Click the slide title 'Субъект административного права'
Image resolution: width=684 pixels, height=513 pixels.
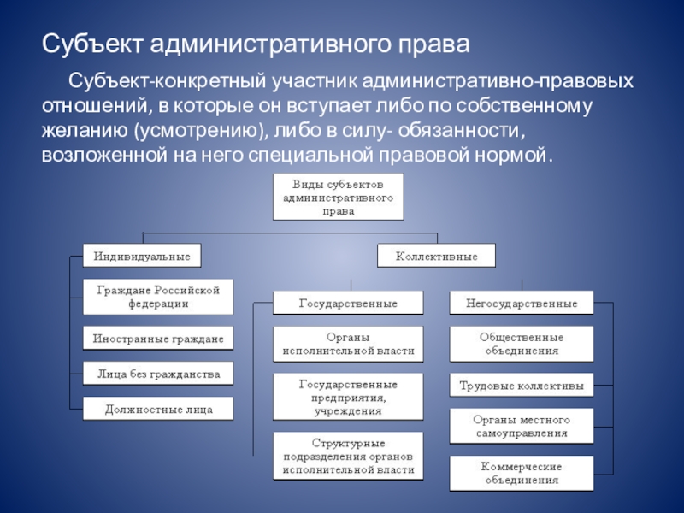(x=256, y=43)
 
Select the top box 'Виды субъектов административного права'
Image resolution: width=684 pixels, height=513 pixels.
(x=338, y=198)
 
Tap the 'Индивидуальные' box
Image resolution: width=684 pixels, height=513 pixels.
(x=142, y=255)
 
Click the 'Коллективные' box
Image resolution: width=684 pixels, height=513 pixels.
(x=436, y=256)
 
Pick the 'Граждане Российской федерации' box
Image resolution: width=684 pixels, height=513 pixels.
(x=157, y=297)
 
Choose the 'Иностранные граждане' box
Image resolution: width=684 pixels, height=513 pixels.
(x=157, y=339)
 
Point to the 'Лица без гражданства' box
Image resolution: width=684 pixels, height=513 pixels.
(x=157, y=374)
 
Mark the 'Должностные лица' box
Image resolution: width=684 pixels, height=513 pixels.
(x=157, y=410)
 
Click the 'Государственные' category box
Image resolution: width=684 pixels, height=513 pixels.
(x=348, y=304)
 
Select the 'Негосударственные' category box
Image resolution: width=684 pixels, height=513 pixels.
(x=522, y=304)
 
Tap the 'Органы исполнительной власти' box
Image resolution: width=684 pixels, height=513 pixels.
(x=348, y=344)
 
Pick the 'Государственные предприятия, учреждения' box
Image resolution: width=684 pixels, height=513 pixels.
(x=348, y=398)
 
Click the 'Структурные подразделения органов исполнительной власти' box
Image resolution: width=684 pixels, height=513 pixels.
(x=348, y=457)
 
